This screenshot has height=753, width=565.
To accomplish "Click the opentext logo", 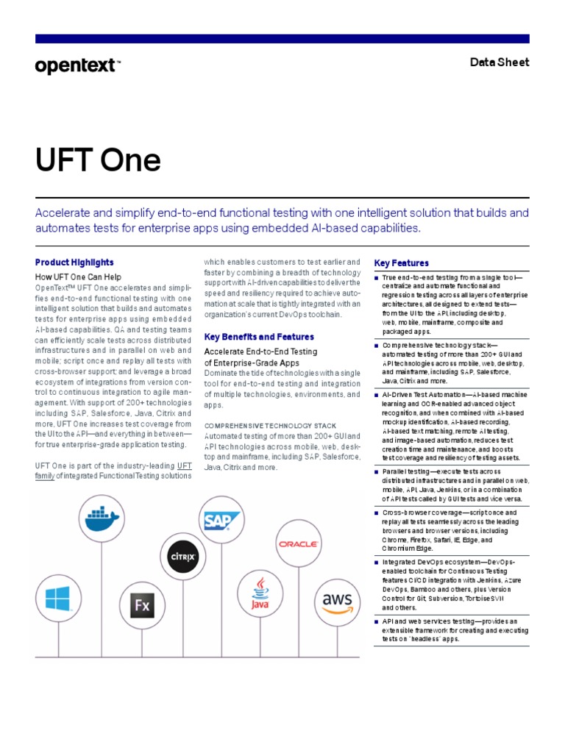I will pyautogui.click(x=76, y=66).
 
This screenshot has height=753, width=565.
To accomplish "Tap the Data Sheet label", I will pyautogui.click(x=500, y=63).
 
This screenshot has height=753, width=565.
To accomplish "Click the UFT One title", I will pyautogui.click(x=98, y=161).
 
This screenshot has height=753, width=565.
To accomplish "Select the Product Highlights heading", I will pyautogui.click(x=74, y=262).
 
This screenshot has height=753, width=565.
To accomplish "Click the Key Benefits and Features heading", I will pyautogui.click(x=258, y=337).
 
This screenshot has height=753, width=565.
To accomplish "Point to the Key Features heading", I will pyautogui.click(x=402, y=263).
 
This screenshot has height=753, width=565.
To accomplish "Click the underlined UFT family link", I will pyautogui.click(x=184, y=471).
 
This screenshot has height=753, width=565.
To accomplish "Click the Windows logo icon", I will pyautogui.click(x=57, y=598).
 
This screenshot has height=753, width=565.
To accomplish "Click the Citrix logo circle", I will pyautogui.click(x=182, y=557).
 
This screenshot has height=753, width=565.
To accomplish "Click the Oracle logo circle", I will pyautogui.click(x=297, y=544).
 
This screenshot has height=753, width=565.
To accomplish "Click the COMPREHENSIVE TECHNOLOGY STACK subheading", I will pyautogui.click(x=270, y=426).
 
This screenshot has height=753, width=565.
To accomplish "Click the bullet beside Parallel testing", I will pyautogui.click(x=377, y=471).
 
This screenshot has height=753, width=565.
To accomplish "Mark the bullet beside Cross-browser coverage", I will pyautogui.click(x=377, y=513).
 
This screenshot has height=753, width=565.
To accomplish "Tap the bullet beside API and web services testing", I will pyautogui.click(x=377, y=621).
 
